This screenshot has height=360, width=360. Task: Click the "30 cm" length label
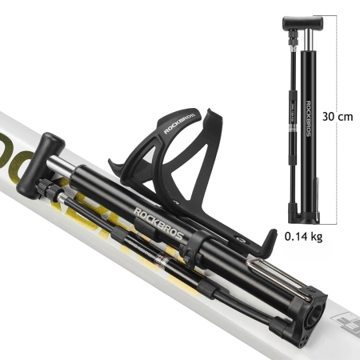[338, 117]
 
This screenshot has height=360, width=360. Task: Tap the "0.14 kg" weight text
[305, 237]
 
